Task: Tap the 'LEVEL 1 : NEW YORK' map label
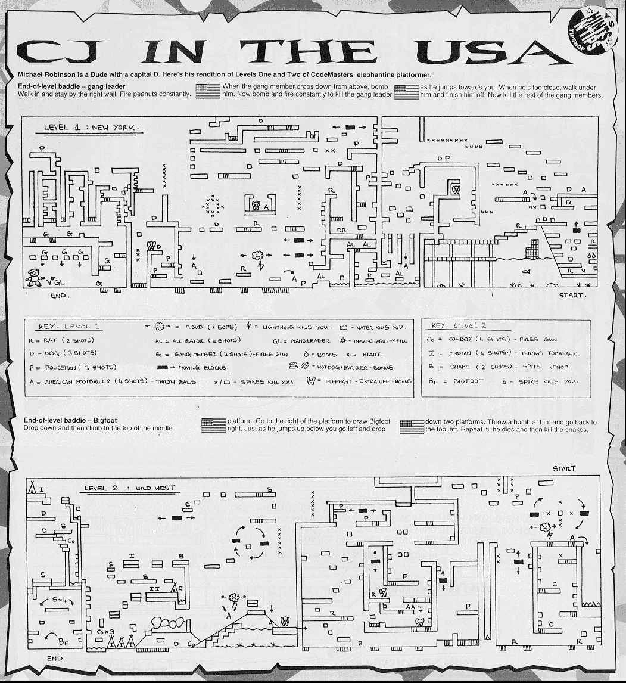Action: [x=91, y=128]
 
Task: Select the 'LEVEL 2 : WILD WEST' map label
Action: [x=129, y=488]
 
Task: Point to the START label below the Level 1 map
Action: [x=572, y=295]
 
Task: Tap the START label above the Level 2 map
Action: [x=564, y=469]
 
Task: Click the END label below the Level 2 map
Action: [x=54, y=658]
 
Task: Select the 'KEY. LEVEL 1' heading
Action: [x=70, y=327]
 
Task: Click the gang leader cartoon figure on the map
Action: [x=35, y=277]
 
